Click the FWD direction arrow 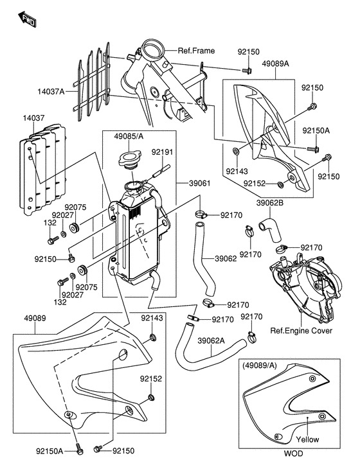click(x=27, y=19)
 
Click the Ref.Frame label click(x=196, y=51)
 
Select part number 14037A click(x=51, y=91)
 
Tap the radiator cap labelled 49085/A click(x=129, y=160)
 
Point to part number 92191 click(x=162, y=152)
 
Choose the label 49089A click(x=275, y=64)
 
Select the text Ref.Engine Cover click(x=301, y=330)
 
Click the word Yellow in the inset click(x=307, y=439)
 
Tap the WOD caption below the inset click(x=294, y=453)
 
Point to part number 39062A click(x=211, y=340)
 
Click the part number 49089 click(x=35, y=318)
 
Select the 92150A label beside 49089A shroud click(x=316, y=130)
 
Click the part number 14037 click(x=34, y=118)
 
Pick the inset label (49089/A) click(x=259, y=365)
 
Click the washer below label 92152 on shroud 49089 click(x=151, y=397)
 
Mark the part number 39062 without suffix click(x=226, y=259)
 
